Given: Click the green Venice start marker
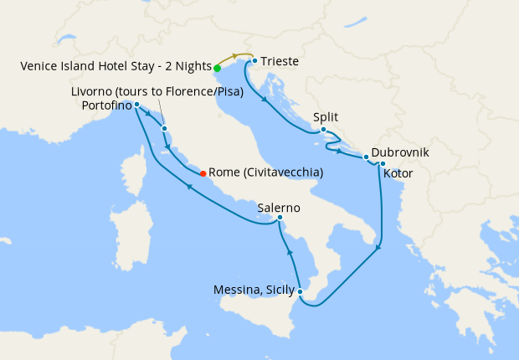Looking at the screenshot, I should click(x=217, y=68).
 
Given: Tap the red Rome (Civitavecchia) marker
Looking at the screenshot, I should click(x=203, y=173).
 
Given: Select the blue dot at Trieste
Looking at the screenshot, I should click(x=254, y=61).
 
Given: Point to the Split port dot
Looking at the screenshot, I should click(x=323, y=130).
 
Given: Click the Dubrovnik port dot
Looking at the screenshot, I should click(x=366, y=157).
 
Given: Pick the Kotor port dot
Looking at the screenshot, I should click(x=383, y=163).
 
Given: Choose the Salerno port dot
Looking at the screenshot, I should click(x=280, y=219).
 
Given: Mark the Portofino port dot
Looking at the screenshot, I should click(x=136, y=105).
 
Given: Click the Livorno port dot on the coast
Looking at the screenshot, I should click(x=165, y=128).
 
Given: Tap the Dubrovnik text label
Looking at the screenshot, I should click(x=400, y=153).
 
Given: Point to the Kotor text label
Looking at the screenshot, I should click(x=398, y=174).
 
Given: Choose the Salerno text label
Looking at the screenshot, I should click(x=279, y=207).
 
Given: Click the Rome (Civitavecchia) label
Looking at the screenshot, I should click(x=265, y=172).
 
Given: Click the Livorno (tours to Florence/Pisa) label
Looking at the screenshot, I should click(x=157, y=91).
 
